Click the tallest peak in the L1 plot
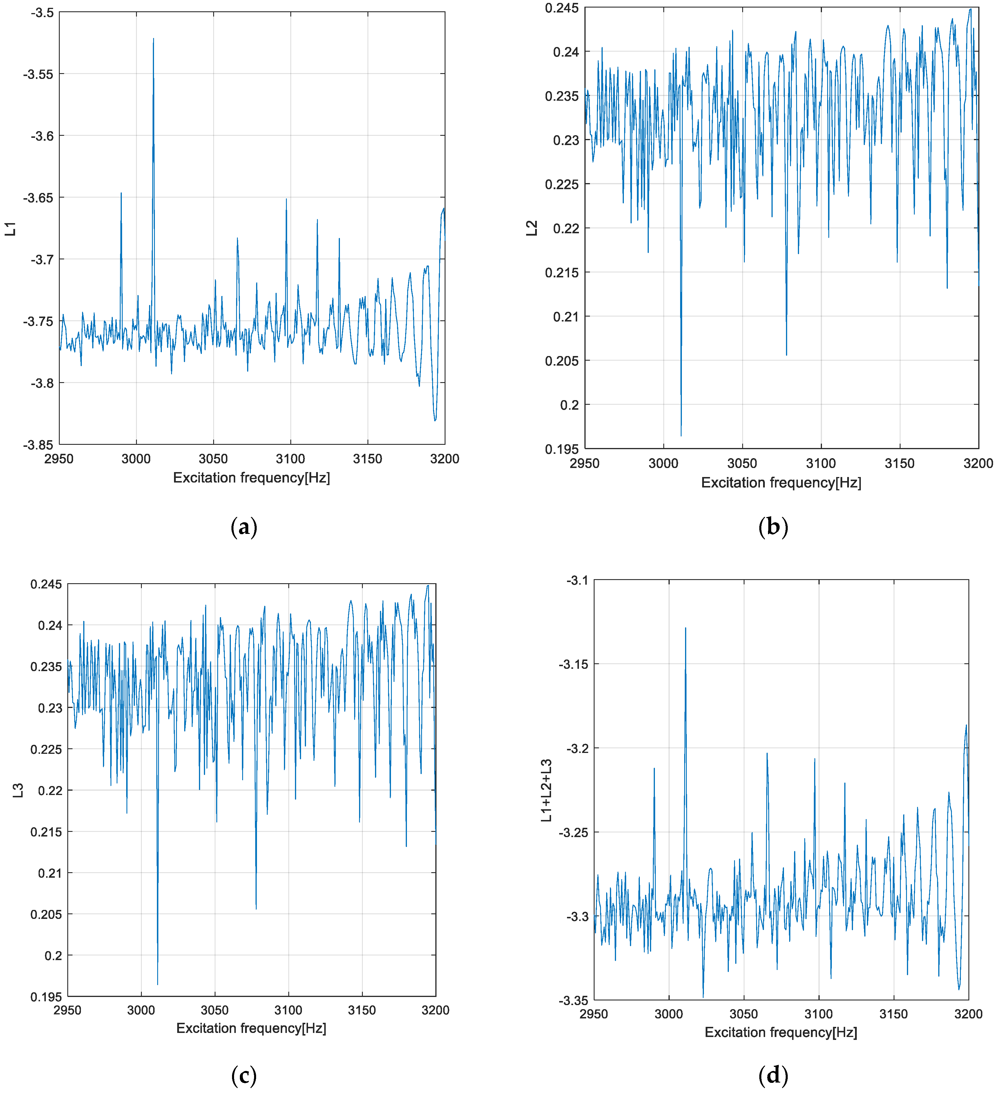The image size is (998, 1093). pos(153,39)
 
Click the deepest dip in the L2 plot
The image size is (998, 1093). pos(681,435)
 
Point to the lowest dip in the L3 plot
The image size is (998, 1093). pos(158,984)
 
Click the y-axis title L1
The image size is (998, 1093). pos(10,229)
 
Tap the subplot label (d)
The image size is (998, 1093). pos(773,1074)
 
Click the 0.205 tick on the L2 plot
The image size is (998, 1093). pos(562,361)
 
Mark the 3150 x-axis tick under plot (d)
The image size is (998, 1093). pos(893,1014)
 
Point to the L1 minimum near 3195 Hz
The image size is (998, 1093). pos(434,420)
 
